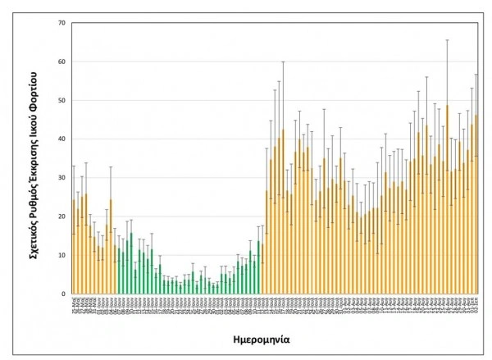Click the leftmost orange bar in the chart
(x=73, y=247)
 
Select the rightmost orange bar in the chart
(x=476, y=205)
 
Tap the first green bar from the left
(x=117, y=271)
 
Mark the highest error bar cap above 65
(x=447, y=39)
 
